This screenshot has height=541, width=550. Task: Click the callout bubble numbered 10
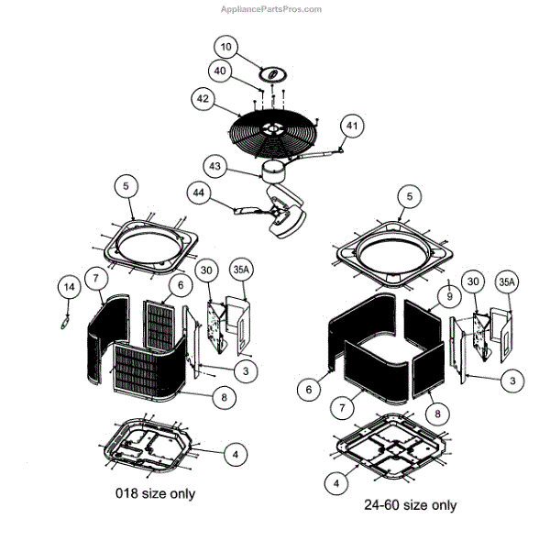[x=226, y=46]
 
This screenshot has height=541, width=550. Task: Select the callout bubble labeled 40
[x=220, y=71]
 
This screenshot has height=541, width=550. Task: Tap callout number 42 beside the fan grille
[x=203, y=97]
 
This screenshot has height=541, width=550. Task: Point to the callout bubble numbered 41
[x=352, y=126]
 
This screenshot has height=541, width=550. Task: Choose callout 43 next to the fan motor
[x=214, y=167]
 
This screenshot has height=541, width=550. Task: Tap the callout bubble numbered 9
[x=449, y=296]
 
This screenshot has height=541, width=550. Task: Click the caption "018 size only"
[x=155, y=493]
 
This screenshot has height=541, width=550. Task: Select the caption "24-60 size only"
[x=410, y=505]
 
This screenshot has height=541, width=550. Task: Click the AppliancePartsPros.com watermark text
[x=271, y=9]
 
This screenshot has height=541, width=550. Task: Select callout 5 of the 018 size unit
[x=126, y=185]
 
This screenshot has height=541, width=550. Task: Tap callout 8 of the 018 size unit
[x=224, y=398]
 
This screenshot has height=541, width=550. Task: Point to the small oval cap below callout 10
[x=270, y=72]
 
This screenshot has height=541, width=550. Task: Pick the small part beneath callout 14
[x=65, y=316]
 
